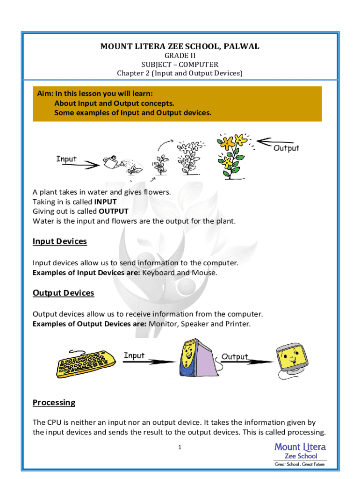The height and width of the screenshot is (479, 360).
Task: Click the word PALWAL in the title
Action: click(238, 46)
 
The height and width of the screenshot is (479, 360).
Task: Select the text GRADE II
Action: click(180, 56)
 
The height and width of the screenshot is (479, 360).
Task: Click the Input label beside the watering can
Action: click(66, 159)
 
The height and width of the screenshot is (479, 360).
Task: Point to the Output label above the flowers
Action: click(286, 148)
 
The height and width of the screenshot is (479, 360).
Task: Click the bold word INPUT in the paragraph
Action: click(105, 202)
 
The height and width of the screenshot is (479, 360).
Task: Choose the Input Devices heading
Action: click(59, 241)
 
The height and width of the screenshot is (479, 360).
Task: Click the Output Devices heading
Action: click(63, 293)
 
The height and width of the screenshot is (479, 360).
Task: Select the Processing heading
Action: click(54, 402)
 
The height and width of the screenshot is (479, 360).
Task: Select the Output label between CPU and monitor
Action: click(235, 356)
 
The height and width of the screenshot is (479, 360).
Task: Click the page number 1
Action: click(179, 448)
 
